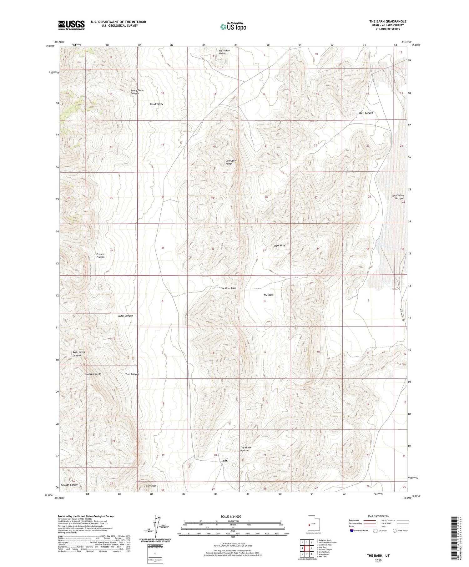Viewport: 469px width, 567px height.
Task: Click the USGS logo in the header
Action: [71, 25]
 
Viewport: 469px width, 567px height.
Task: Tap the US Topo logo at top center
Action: [233, 27]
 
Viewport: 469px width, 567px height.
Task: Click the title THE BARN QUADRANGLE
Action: [388, 21]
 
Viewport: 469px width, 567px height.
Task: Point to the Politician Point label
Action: [224, 52]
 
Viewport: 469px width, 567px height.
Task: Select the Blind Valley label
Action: [156, 104]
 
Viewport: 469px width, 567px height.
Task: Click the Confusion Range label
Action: [231, 162]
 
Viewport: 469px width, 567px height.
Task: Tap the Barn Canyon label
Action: [366, 113]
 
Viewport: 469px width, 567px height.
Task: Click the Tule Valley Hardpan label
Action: [398, 197]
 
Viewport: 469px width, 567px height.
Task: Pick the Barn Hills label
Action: [280, 246]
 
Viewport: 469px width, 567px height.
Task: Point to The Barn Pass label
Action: [228, 288]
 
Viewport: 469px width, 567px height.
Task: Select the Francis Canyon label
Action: [100, 256]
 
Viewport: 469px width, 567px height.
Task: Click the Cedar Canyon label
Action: [125, 316]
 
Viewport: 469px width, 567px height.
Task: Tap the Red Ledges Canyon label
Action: [78, 354]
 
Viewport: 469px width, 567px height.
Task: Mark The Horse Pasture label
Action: [245, 449]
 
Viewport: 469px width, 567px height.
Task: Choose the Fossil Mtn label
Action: [150, 486]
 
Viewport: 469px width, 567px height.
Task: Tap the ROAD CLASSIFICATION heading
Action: [378, 516]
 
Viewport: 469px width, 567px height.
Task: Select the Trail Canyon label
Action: [132, 374]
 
